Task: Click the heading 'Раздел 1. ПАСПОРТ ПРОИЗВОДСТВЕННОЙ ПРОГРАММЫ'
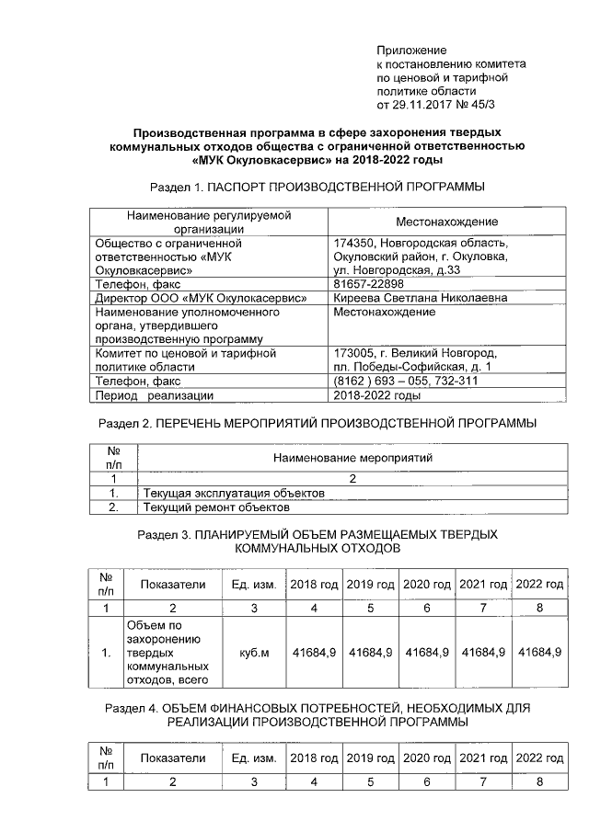pos(317,187)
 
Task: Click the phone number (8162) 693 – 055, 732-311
pos(405,381)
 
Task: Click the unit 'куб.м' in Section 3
pos(253,652)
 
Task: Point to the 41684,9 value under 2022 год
pos(539,652)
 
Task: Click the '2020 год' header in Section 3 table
pos(427,585)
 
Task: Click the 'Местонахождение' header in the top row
pos(446,222)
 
